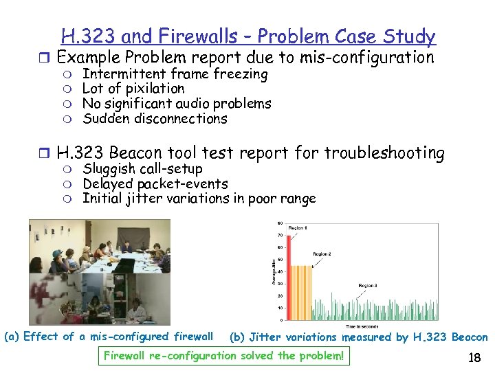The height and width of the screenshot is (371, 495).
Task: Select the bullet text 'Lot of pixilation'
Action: click(x=133, y=89)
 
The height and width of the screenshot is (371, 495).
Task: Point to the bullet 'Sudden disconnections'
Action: click(x=155, y=119)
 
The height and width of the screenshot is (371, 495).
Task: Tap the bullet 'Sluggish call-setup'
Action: click(x=142, y=169)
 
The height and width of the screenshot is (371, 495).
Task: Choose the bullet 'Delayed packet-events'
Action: click(x=155, y=184)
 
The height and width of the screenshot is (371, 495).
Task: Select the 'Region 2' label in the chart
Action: click(x=322, y=254)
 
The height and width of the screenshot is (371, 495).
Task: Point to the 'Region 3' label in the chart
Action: click(x=367, y=284)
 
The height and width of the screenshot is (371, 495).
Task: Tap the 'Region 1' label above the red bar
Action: click(x=298, y=227)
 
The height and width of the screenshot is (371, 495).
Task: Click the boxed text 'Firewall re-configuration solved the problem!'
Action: click(x=224, y=356)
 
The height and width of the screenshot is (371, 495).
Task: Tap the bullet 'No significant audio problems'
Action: click(x=177, y=104)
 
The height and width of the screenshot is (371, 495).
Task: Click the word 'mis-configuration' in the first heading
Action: click(x=371, y=58)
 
